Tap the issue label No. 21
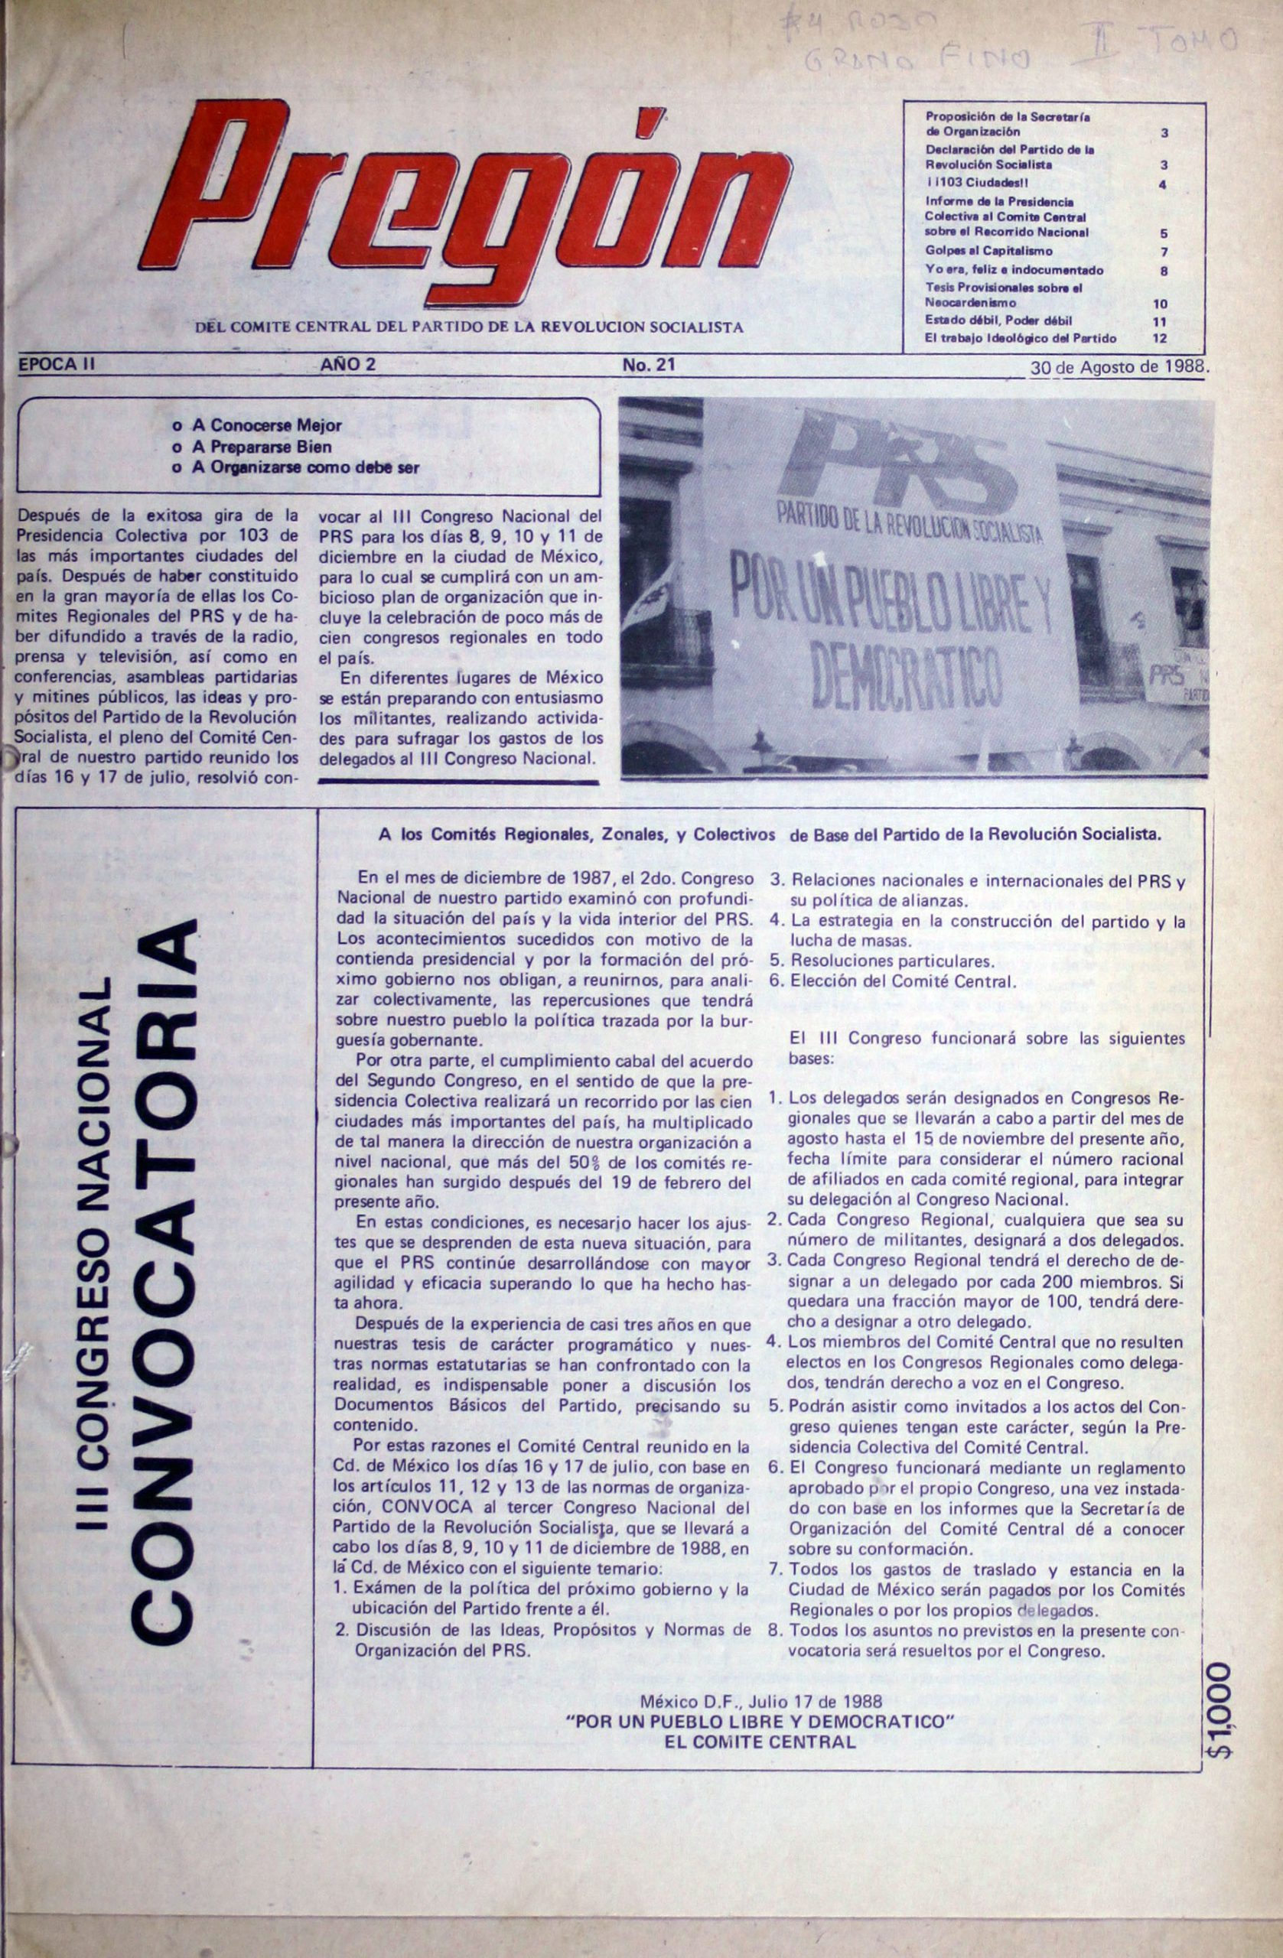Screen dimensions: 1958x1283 [x=649, y=365]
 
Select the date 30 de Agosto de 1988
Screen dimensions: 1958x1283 [x=1118, y=368]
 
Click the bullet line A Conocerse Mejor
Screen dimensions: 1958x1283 [x=267, y=425]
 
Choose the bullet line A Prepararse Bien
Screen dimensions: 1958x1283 [x=262, y=447]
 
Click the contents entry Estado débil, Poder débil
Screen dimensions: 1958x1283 [x=998, y=320]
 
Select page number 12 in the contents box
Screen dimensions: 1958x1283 [x=1161, y=338]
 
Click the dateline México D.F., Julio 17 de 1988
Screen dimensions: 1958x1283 [x=760, y=1700]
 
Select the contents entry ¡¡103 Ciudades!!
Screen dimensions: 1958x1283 [x=976, y=184]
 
